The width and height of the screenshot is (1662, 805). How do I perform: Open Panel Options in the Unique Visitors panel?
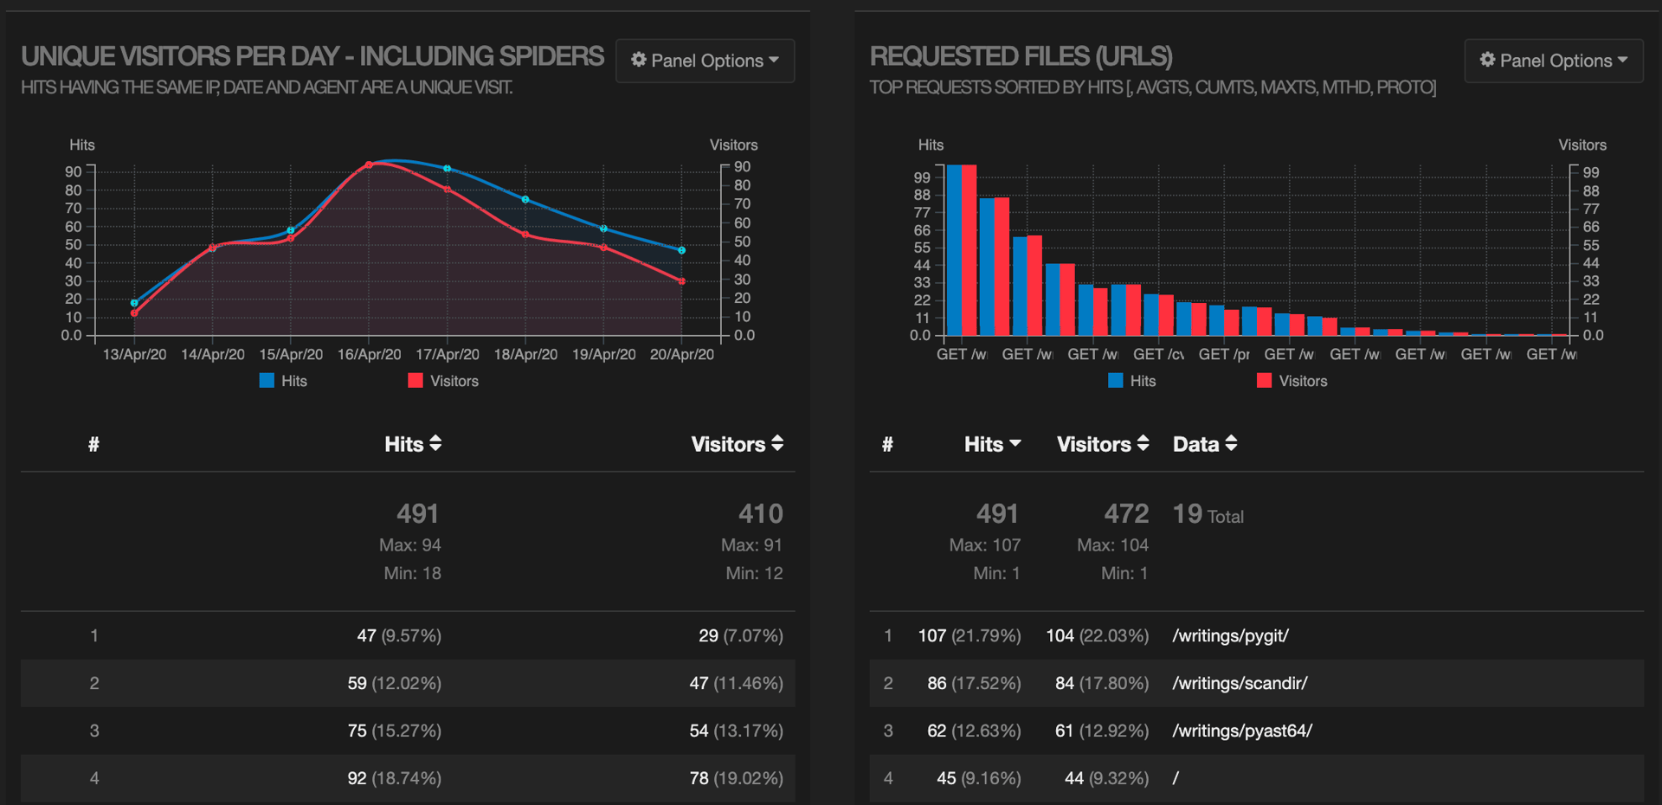pyautogui.click(x=705, y=61)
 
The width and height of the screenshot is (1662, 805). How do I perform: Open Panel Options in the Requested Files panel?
pyautogui.click(x=1553, y=61)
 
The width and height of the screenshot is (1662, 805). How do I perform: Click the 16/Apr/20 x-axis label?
pyautogui.click(x=369, y=355)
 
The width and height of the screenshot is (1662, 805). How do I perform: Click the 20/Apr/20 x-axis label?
pyautogui.click(x=681, y=355)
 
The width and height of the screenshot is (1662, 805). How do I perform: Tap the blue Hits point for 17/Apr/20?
pyautogui.click(x=447, y=169)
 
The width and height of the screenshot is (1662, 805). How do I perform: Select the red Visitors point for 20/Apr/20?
pyautogui.click(x=681, y=281)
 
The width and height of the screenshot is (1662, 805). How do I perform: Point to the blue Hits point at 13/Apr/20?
pyautogui.click(x=134, y=303)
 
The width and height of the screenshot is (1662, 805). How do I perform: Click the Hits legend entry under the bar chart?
pyautogui.click(x=1131, y=381)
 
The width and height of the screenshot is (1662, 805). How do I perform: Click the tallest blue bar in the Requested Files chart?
pyautogui.click(x=954, y=251)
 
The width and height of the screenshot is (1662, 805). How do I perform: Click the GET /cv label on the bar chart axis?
pyautogui.click(x=1158, y=355)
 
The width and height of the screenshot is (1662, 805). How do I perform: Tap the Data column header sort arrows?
pyautogui.click(x=1230, y=444)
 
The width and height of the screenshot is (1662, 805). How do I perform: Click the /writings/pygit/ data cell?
pyautogui.click(x=1230, y=636)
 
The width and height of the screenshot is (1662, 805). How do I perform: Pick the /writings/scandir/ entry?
pyautogui.click(x=1240, y=684)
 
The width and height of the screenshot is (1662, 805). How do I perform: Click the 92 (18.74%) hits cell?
pyautogui.click(x=394, y=778)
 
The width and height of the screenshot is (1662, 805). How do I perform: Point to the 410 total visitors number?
pyautogui.click(x=760, y=514)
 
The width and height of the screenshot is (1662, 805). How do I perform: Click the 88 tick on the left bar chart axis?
pyautogui.click(x=921, y=196)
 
